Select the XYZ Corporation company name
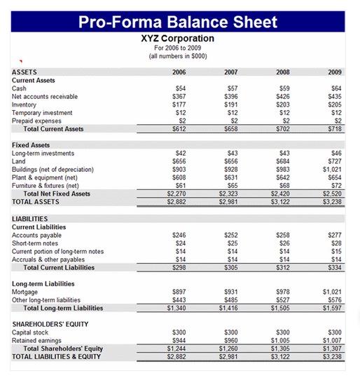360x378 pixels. pyautogui.click(x=178, y=39)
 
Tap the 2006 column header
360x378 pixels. pyautogui.click(x=179, y=72)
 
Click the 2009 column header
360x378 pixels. pyautogui.click(x=334, y=72)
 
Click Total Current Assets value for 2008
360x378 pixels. pyautogui.click(x=282, y=129)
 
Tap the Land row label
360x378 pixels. pyautogui.click(x=19, y=161)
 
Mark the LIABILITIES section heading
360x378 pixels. pyautogui.click(x=30, y=220)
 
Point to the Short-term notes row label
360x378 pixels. pyautogui.click(x=36, y=243)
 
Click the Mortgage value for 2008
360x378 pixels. pyautogui.click(x=282, y=292)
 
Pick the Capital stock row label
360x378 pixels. pyautogui.click(x=30, y=332)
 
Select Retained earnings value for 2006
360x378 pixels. pyautogui.click(x=179, y=340)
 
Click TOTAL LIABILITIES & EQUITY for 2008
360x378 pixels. pyautogui.click(x=281, y=356)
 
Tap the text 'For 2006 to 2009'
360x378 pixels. pyautogui.click(x=178, y=48)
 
